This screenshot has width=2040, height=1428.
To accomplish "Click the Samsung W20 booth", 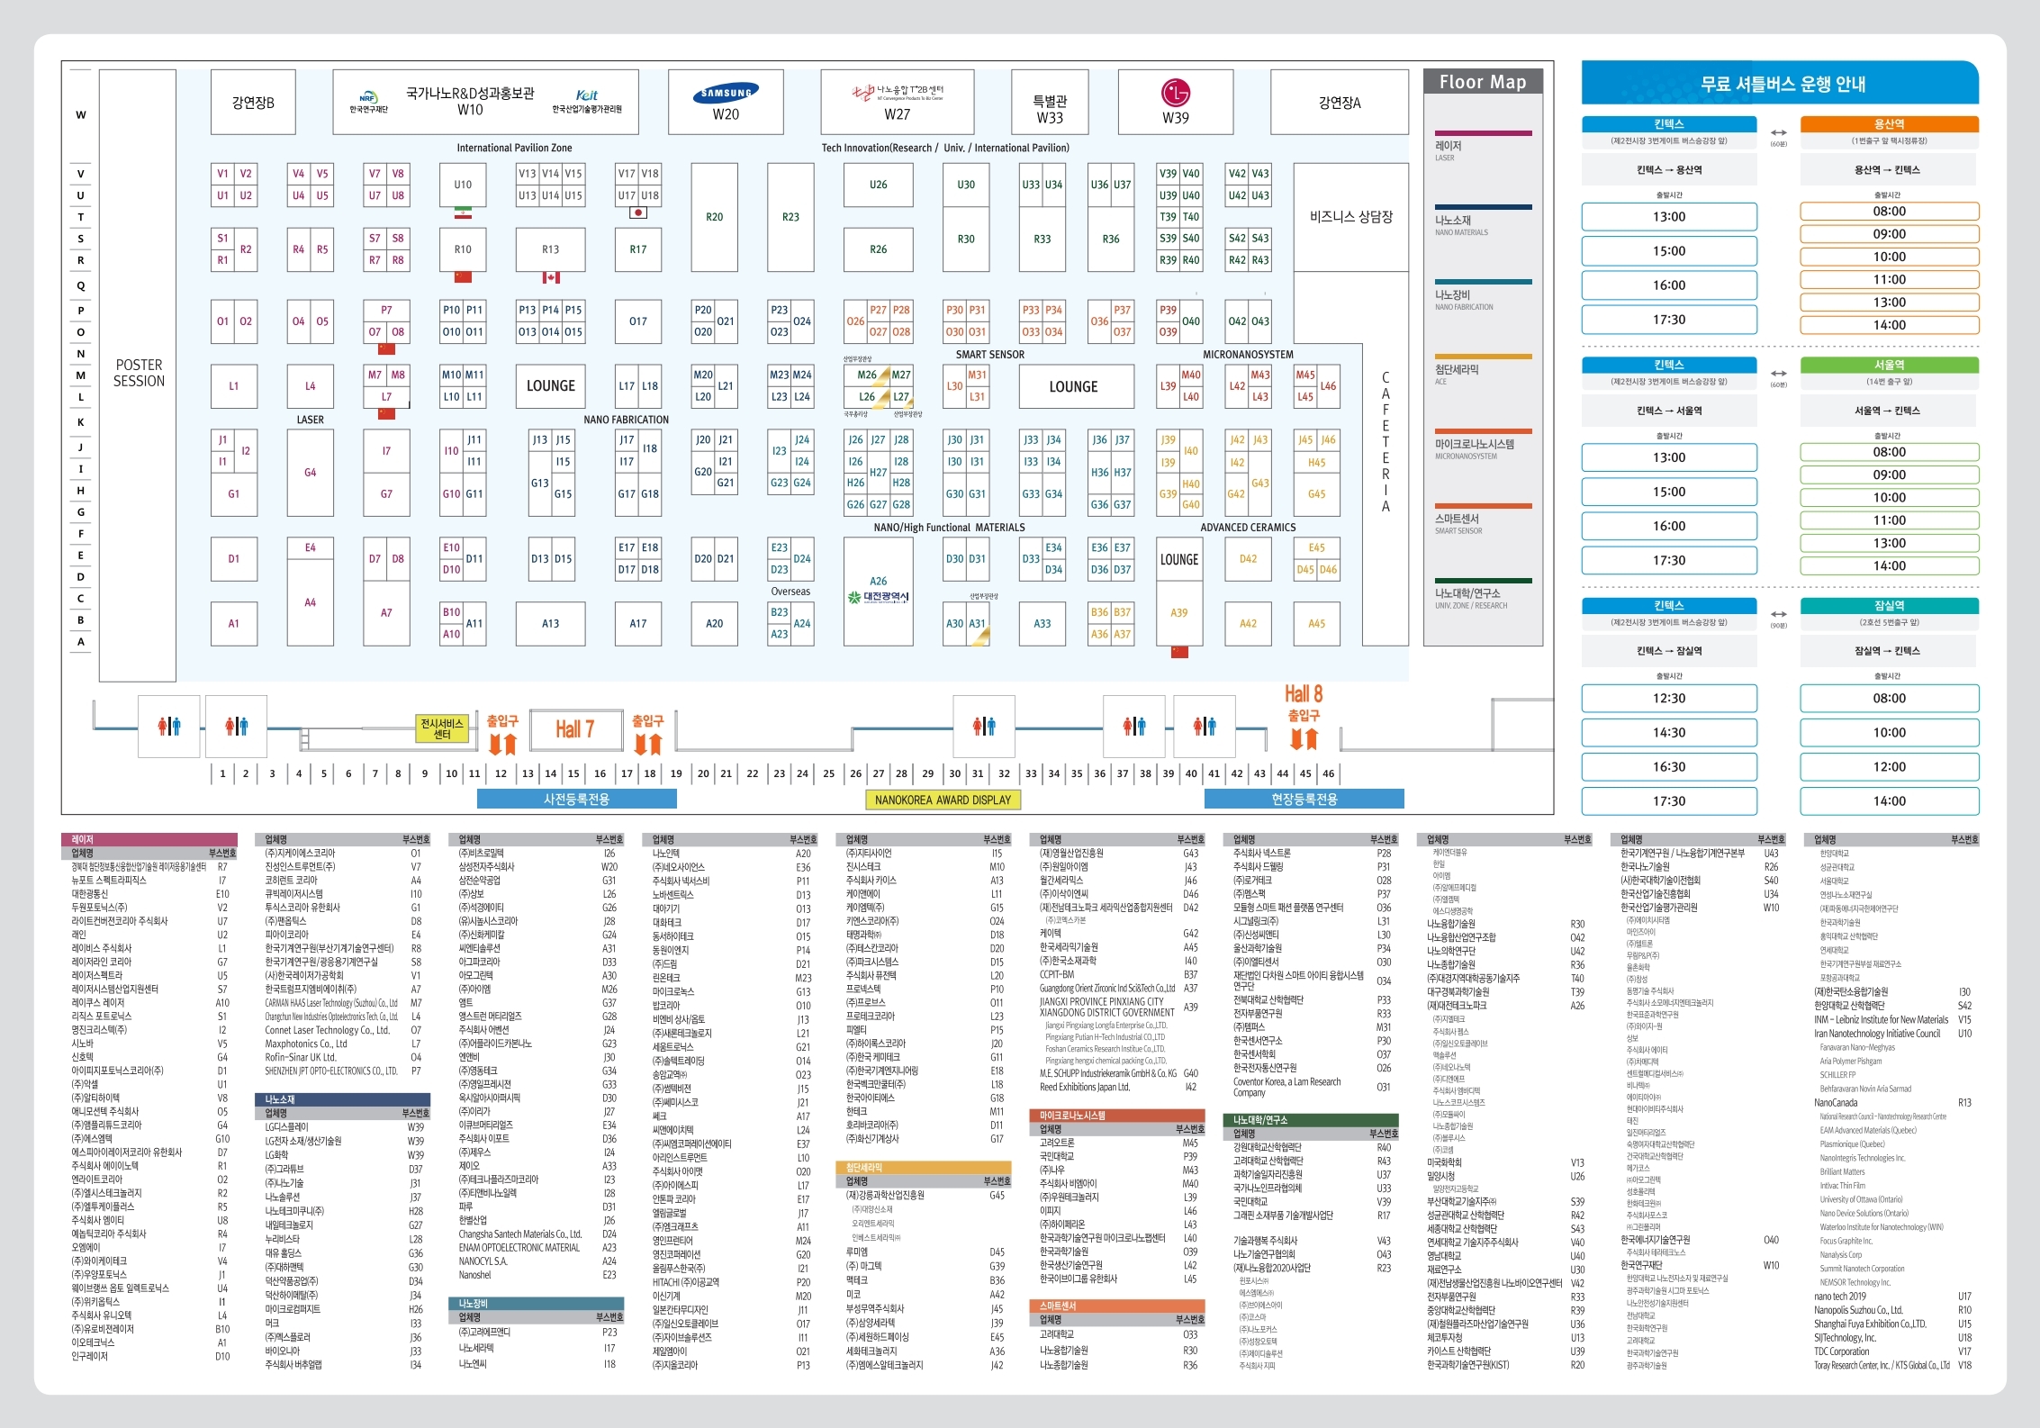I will coord(726,102).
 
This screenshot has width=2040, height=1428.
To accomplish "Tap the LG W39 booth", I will coord(1175,102).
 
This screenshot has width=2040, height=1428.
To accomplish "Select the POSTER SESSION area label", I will coord(139,373).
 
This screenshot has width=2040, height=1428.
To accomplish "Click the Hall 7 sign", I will coord(574,728).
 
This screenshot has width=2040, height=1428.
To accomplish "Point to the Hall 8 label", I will coord(1303,693).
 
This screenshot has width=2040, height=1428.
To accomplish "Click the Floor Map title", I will coord(1482,82).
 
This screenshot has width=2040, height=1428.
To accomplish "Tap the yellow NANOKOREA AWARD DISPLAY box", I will coord(943,800).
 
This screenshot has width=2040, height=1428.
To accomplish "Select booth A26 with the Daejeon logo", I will coord(878,591).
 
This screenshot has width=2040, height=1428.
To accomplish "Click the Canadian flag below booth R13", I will coord(551,277).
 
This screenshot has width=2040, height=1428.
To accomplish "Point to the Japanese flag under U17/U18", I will coord(638,212).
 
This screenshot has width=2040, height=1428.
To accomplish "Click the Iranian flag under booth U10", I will coord(463,212).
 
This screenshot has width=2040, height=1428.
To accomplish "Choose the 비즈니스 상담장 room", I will coord(1350,217).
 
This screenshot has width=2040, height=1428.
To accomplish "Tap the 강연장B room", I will coord(253,103).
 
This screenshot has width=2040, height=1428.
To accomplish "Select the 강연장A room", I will coord(1340,103).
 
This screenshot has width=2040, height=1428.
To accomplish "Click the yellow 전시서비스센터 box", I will coord(442,728).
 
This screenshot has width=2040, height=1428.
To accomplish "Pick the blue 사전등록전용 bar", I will coord(576,800).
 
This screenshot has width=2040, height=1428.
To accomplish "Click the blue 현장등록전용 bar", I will coord(1304,800).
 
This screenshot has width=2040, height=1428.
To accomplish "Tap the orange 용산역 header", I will coord(1889,124).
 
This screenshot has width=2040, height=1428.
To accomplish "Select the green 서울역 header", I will coord(1889,365).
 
